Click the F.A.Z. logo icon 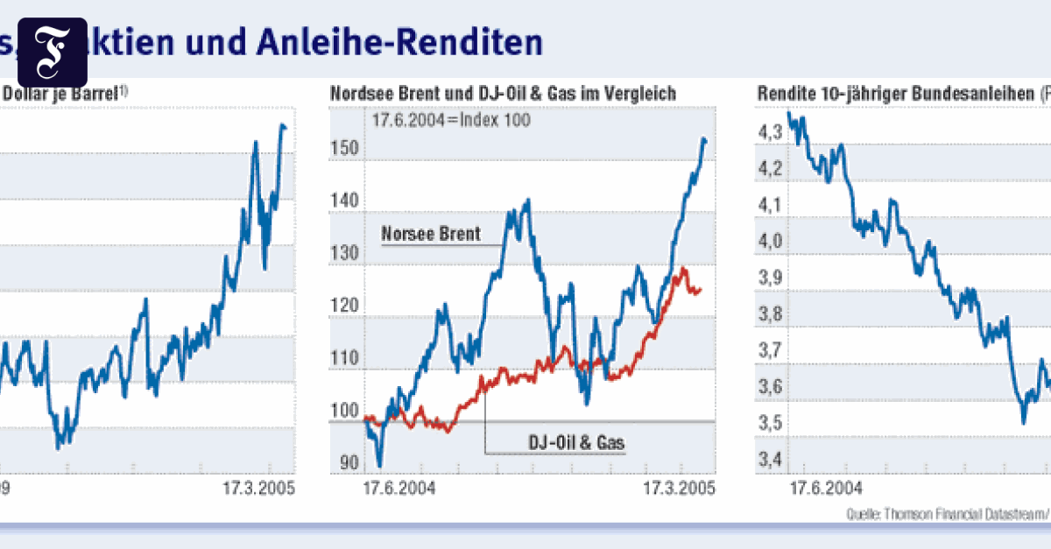pos(52,52)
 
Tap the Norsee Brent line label pos(430,234)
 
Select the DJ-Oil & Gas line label pos(576,444)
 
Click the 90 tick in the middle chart pos(349,463)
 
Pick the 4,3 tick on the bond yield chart pos(771,132)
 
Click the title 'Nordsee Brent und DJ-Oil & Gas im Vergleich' pos(503,94)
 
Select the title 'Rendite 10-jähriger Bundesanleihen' pos(893,94)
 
